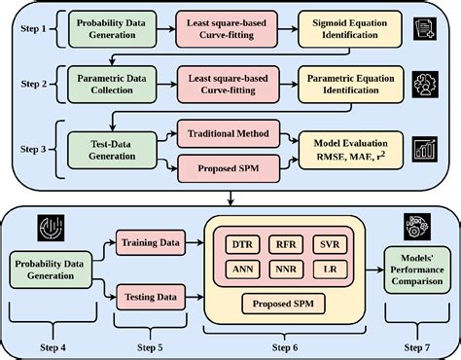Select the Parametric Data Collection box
pyautogui.click(x=114, y=85)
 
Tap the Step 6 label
pyautogui.click(x=286, y=346)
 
